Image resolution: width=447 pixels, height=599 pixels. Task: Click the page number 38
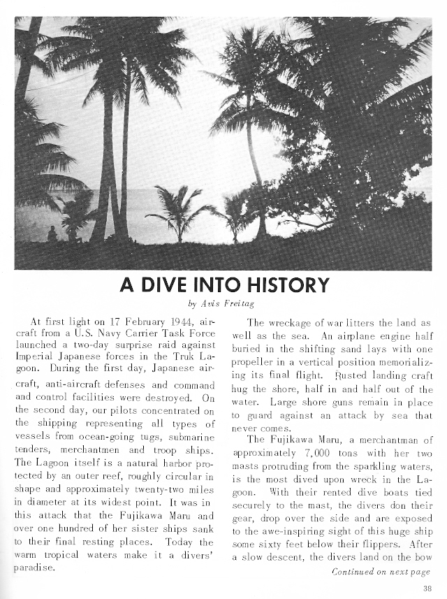coord(427,588)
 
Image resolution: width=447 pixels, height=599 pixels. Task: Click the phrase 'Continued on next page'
coord(381,571)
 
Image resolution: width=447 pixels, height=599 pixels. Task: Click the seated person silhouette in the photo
coord(52,236)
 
